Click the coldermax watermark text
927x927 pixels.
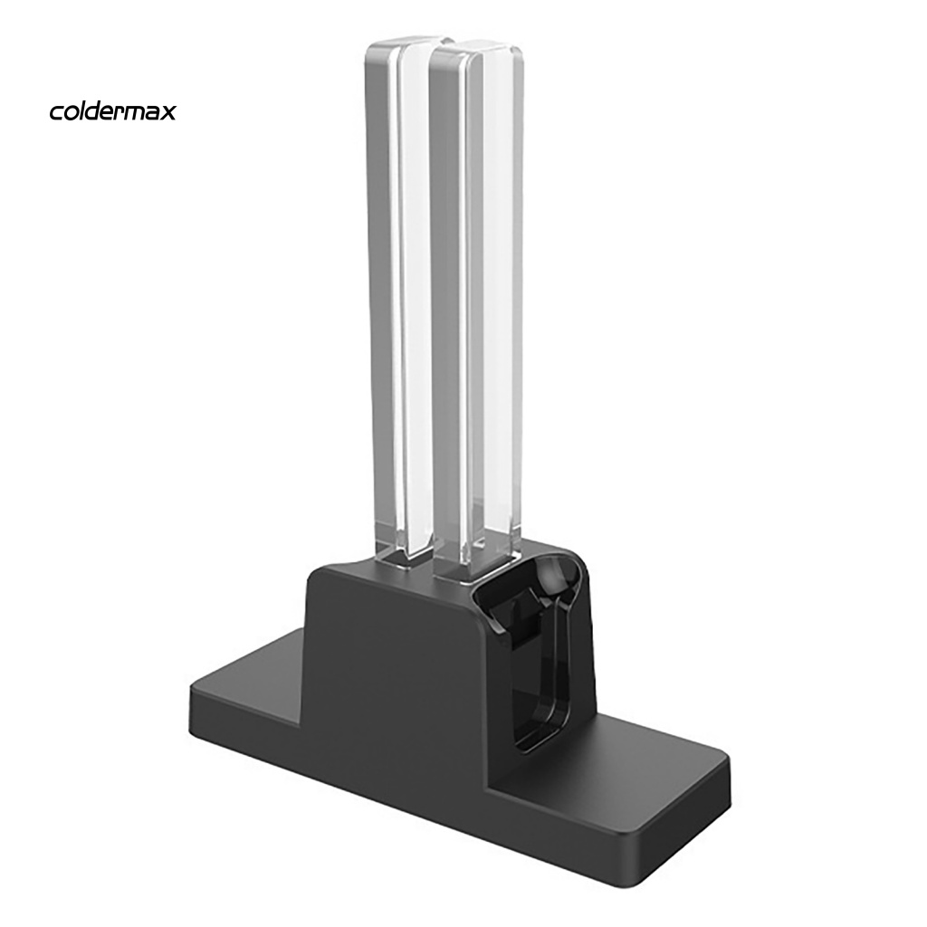click(112, 111)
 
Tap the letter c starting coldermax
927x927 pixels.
click(56, 112)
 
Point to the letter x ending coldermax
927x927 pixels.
click(169, 112)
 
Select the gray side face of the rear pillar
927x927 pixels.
click(379, 290)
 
